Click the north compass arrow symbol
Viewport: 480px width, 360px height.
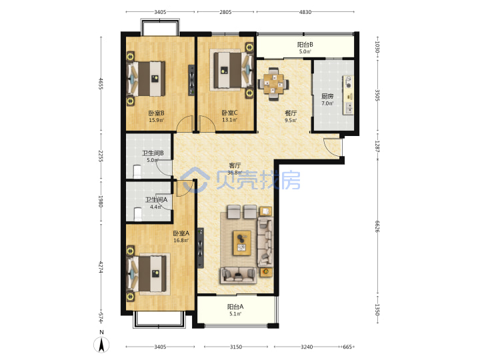101,345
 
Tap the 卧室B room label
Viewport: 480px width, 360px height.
156,113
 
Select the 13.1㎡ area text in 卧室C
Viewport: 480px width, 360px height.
229,120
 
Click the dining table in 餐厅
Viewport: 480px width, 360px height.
273,83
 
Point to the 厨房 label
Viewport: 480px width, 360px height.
327,97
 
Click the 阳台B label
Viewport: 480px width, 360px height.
305,45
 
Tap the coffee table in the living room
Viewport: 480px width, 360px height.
242,243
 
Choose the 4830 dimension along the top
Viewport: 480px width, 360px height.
305,12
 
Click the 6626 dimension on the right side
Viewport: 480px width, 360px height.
377,227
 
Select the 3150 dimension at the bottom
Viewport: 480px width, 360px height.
236,347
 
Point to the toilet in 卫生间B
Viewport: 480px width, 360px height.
137,171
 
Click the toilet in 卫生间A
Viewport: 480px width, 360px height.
138,214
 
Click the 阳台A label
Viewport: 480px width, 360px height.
235,307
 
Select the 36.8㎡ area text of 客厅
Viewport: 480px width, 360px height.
235,173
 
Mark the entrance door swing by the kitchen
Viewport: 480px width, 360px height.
332,148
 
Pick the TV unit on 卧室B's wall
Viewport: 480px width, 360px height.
191,80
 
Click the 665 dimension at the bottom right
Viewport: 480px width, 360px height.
347,347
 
